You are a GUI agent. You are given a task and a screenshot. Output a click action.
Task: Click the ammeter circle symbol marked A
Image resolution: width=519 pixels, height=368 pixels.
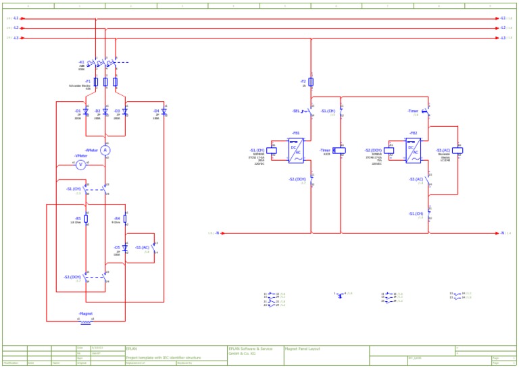point(105,151)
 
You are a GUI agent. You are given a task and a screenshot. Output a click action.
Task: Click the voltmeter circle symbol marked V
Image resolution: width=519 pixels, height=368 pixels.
point(81,164)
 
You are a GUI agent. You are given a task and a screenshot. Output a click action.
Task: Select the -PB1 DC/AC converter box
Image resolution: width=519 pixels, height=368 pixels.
point(297,151)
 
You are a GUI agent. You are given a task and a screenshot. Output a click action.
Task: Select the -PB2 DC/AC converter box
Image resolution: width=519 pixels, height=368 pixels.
point(413,151)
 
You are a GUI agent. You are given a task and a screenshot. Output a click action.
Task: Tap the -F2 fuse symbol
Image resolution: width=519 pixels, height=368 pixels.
point(312,82)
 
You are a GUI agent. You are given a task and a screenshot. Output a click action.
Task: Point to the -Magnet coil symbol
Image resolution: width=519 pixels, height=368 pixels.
point(86,322)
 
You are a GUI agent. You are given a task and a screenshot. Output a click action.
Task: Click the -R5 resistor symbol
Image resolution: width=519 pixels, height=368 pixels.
point(86,219)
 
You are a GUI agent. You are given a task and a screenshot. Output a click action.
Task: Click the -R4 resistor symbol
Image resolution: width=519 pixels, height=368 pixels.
point(125,219)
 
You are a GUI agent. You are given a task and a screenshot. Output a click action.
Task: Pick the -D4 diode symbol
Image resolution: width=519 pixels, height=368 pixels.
point(164,111)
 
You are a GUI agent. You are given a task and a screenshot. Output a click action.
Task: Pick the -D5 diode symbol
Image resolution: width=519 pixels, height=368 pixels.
point(125,248)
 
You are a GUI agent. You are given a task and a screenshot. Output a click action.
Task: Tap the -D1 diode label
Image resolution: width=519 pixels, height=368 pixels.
point(78,110)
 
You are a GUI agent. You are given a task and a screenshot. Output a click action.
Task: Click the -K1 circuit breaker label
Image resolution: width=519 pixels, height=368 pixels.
point(81,62)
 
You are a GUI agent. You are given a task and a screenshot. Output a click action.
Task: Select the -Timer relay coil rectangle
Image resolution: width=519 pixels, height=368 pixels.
point(339,151)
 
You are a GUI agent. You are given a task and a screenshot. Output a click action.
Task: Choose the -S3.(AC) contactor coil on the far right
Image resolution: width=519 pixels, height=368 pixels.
point(458,151)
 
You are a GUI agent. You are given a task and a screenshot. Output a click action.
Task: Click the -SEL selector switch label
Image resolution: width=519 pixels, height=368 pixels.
point(296,111)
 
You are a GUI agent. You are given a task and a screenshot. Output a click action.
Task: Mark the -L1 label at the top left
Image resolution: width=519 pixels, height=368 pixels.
point(16,18)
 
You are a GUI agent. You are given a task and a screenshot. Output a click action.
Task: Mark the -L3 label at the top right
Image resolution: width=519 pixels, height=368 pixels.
point(503,38)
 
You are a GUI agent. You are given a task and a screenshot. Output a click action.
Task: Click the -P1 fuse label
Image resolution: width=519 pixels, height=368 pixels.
point(88,80)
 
